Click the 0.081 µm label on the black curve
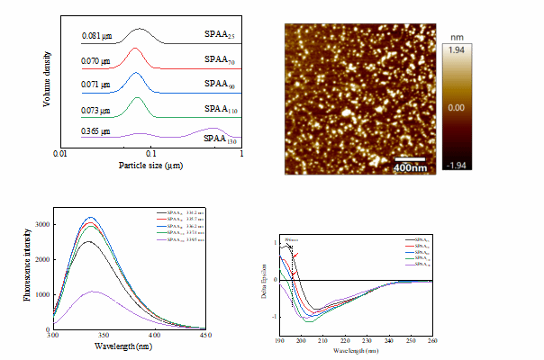pos(95,37)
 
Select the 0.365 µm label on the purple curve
pos(95,131)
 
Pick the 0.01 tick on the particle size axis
pos(60,154)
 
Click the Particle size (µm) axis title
pos(150,166)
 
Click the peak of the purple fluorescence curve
pos(92,292)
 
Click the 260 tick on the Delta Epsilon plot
pos(432,342)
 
